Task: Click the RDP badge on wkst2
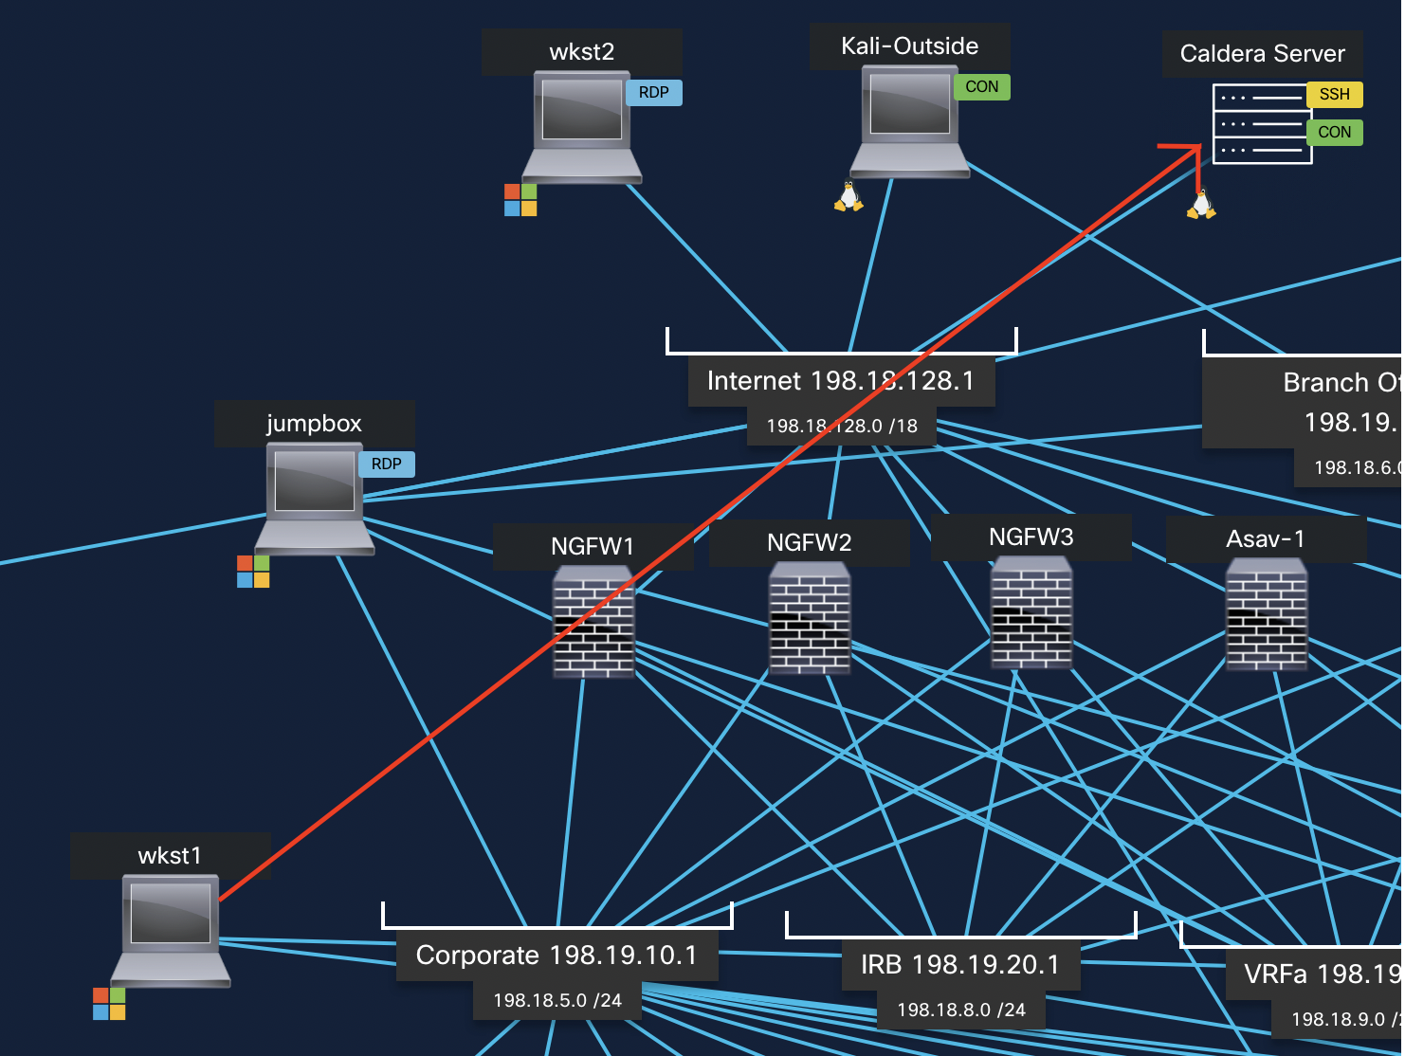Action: pos(653,93)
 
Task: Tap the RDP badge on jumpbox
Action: pos(386,464)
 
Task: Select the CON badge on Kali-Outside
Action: pos(981,87)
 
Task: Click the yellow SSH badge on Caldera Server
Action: pos(1334,95)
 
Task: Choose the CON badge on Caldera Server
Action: pos(1334,133)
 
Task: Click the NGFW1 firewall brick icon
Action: pos(593,623)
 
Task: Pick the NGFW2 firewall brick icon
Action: pos(810,618)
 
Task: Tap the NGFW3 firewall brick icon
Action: pos(1031,613)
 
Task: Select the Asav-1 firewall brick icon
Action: pos(1267,614)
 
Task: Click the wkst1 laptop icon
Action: pos(171,929)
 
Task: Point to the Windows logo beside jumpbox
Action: pos(253,572)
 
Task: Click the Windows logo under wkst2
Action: pos(520,200)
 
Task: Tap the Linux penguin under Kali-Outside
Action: pos(848,196)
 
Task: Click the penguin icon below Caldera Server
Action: pos(1201,205)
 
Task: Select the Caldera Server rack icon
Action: pos(1262,124)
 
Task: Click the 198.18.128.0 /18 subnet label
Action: pos(842,427)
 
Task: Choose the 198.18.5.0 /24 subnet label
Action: pos(557,1001)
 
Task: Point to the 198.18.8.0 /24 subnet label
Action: pos(960,1010)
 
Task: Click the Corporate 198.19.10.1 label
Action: pos(557,956)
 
